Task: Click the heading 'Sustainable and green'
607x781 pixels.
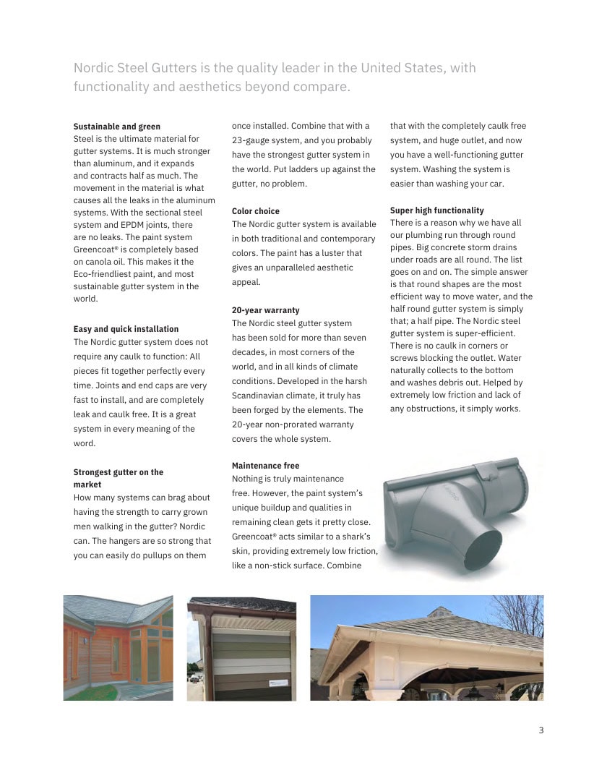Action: pyautogui.click(x=117, y=127)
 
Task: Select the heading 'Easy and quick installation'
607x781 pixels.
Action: pyautogui.click(x=126, y=329)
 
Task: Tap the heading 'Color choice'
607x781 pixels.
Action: pyautogui.click(x=256, y=211)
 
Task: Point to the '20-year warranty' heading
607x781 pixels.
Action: pyautogui.click(x=265, y=310)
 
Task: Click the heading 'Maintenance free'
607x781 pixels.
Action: pyautogui.click(x=265, y=466)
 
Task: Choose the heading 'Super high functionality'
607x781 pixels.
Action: pyautogui.click(x=437, y=210)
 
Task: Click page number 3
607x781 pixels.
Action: pyautogui.click(x=541, y=730)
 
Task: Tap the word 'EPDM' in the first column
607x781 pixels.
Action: pyautogui.click(x=134, y=225)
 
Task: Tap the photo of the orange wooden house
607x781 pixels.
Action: pyautogui.click(x=118, y=648)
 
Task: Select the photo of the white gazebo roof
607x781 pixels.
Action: pyautogui.click(x=426, y=648)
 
